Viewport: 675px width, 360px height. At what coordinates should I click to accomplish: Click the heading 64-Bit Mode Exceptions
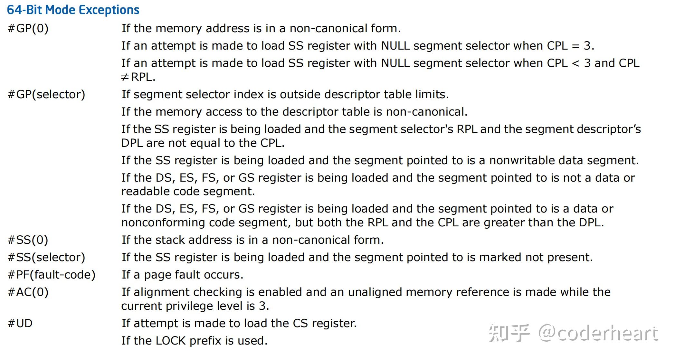click(x=73, y=10)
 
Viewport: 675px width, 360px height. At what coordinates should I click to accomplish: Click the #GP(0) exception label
click(x=28, y=28)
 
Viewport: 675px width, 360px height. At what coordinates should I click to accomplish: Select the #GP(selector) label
click(x=46, y=94)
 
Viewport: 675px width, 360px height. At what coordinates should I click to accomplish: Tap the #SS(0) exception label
click(x=28, y=240)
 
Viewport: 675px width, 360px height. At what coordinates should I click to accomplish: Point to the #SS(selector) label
click(x=46, y=257)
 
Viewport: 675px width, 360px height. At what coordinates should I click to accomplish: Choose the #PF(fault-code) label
click(x=52, y=275)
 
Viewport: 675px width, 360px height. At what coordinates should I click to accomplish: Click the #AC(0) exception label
click(x=28, y=292)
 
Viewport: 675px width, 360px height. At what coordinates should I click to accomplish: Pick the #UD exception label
click(x=20, y=323)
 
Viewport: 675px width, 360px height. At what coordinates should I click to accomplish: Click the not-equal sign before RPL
click(x=125, y=77)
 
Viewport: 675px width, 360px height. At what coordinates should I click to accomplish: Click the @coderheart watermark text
click(x=598, y=333)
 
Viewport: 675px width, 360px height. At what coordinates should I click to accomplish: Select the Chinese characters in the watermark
click(x=509, y=333)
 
